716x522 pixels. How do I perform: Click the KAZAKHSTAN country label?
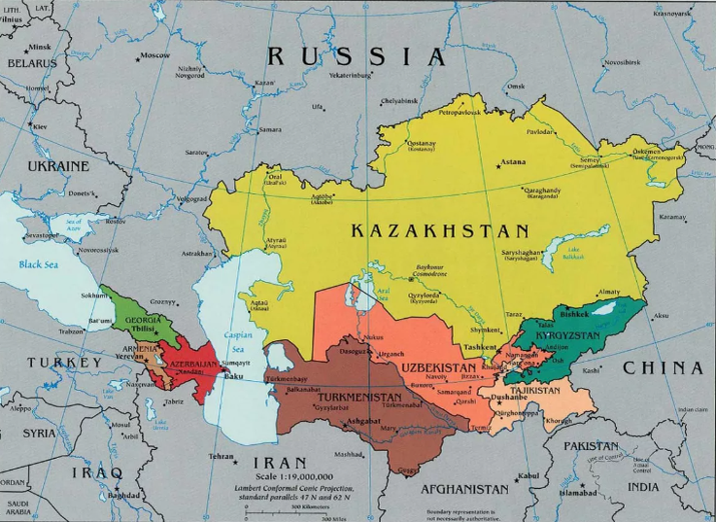tap(439, 231)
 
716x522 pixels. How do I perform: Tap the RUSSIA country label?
tap(356, 56)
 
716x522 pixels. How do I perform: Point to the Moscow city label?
tap(153, 55)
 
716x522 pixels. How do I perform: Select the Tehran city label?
tap(222, 456)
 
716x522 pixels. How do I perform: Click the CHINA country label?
tap(662, 368)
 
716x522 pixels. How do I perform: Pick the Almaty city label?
tap(609, 292)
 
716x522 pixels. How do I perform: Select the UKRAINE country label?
tap(57, 166)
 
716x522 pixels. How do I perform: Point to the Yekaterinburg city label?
tap(352, 75)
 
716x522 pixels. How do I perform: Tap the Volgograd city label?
tap(192, 199)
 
